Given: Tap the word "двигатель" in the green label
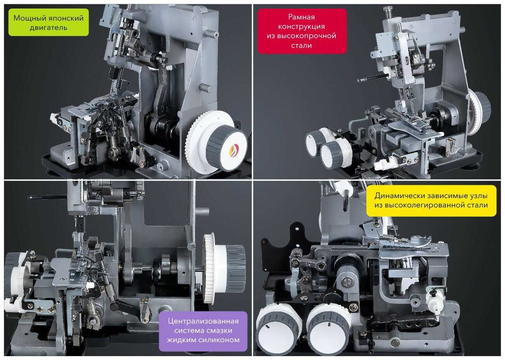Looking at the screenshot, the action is coord(49,28).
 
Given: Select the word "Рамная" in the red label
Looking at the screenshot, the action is coord(302,17).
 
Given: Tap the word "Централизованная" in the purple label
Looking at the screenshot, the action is coord(203,321).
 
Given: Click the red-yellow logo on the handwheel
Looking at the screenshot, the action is coord(234,150).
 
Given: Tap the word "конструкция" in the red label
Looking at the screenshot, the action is coord(302,27).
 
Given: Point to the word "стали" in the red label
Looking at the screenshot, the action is coord(302,45).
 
